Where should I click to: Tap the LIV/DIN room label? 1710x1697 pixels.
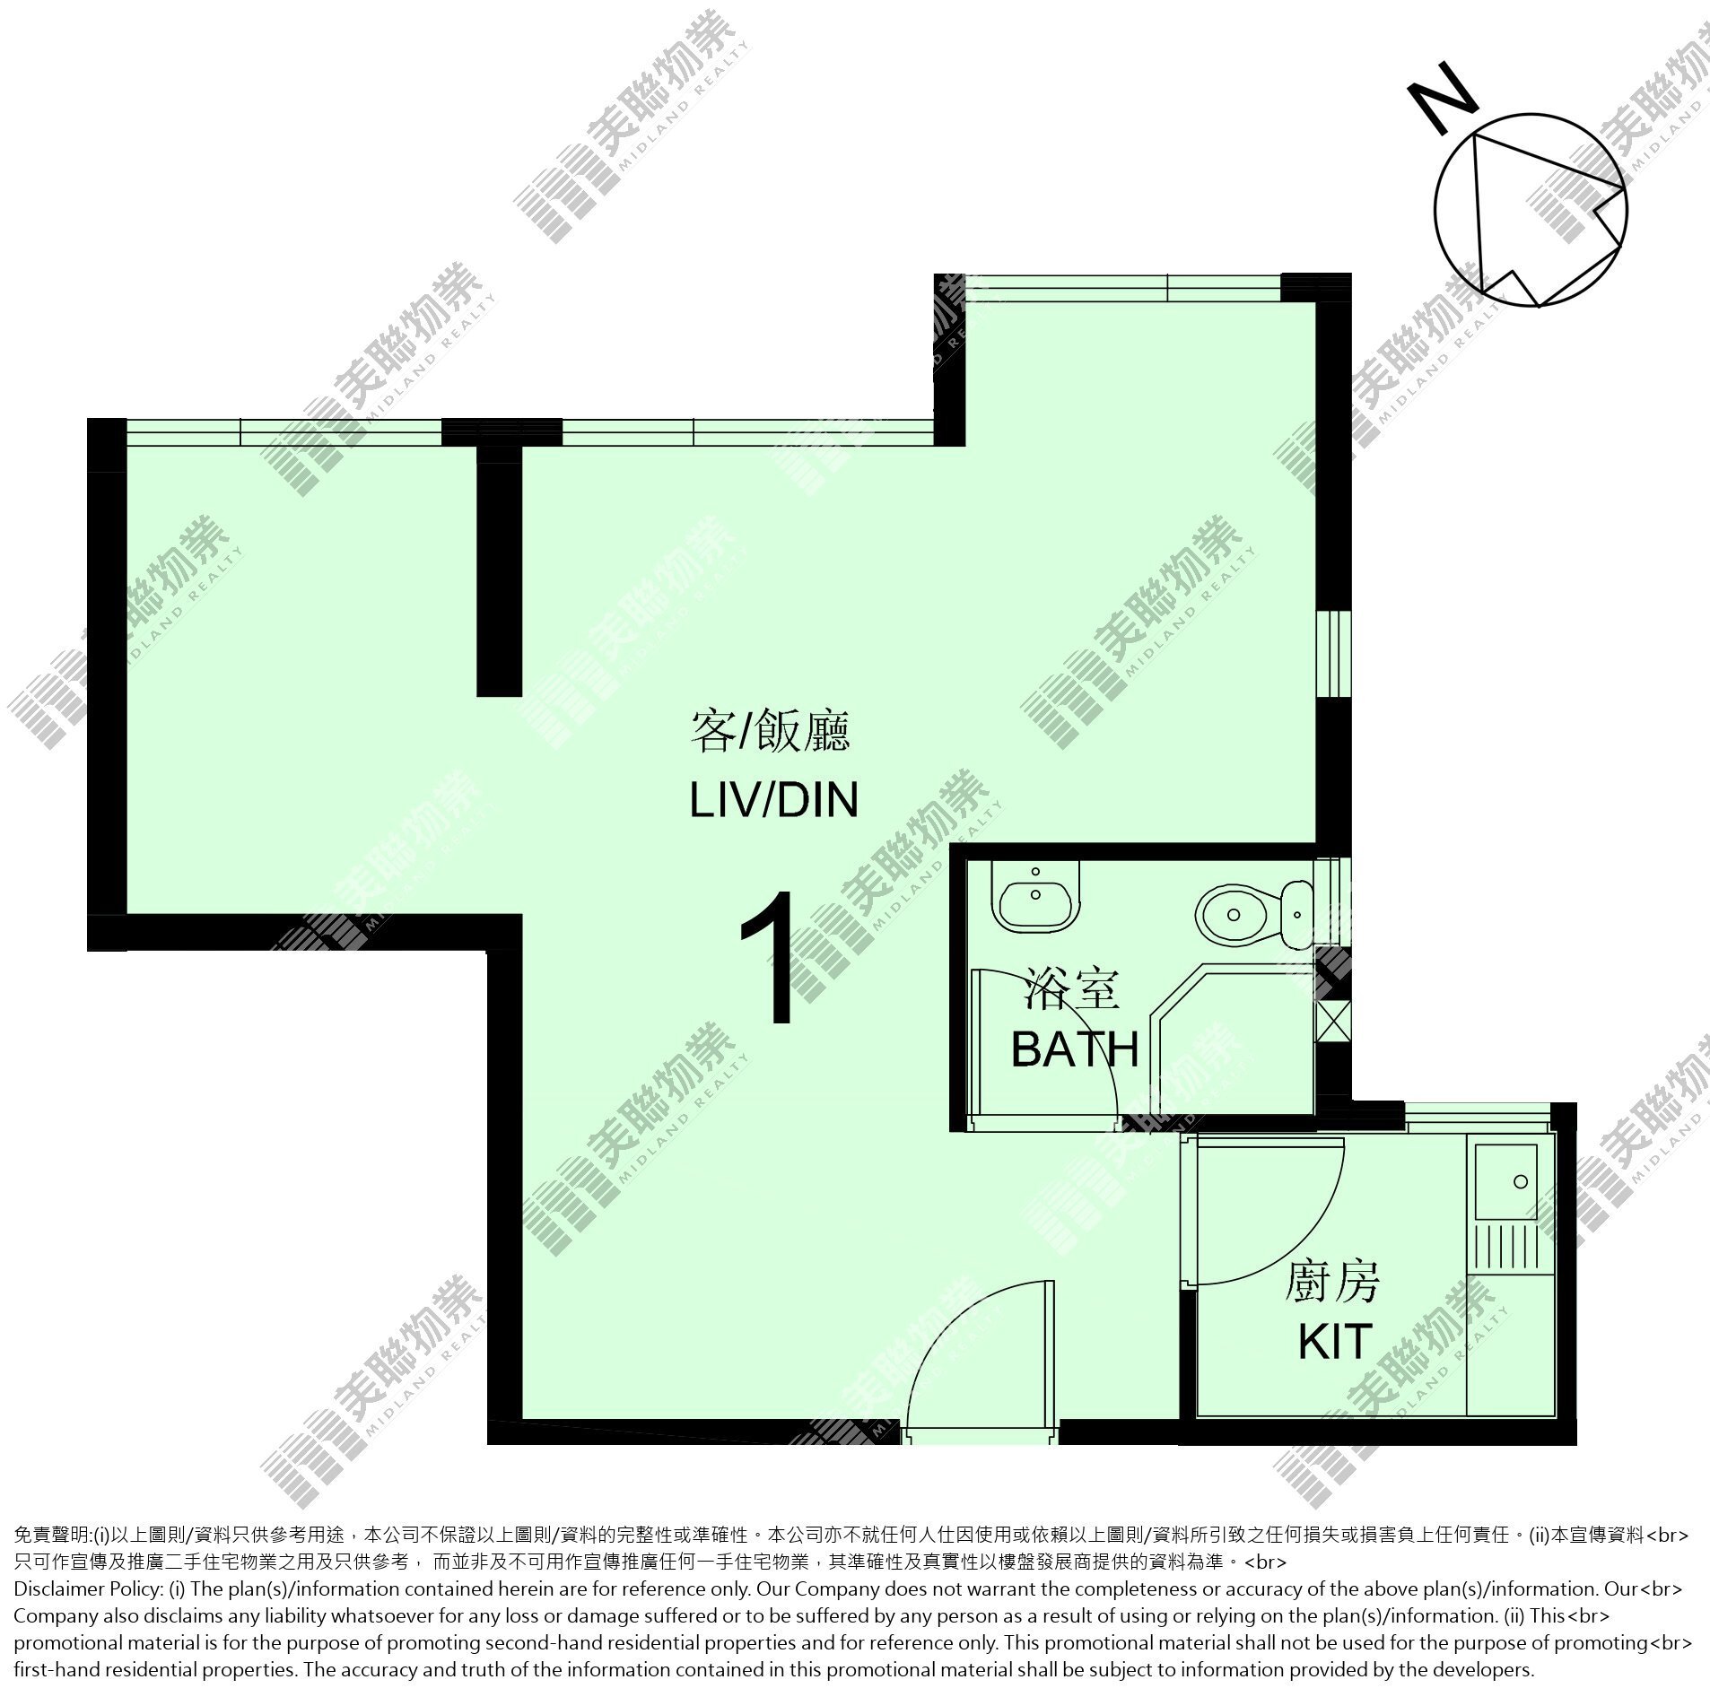pyautogui.click(x=773, y=799)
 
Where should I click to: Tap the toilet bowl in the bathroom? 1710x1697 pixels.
pyautogui.click(x=1233, y=913)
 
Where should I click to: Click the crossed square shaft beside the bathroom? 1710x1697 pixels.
pyautogui.click(x=1332, y=1019)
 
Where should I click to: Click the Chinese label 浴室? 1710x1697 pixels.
pyautogui.click(x=1071, y=992)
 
